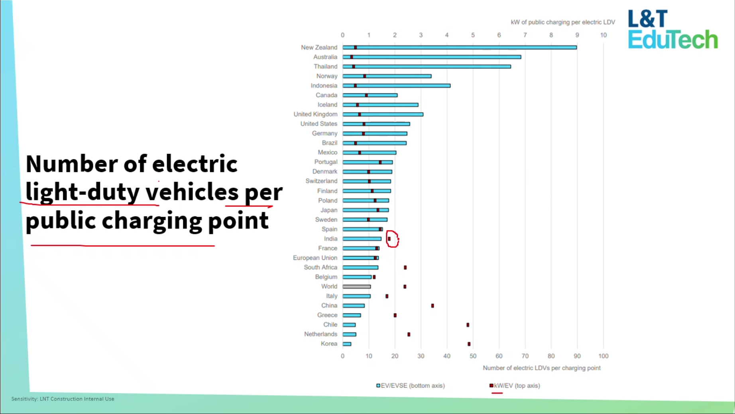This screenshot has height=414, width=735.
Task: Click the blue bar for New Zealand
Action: (458, 48)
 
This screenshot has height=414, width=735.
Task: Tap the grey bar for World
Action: (356, 287)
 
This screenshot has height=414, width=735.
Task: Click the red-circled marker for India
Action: (389, 239)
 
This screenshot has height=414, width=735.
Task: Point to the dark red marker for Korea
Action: (469, 344)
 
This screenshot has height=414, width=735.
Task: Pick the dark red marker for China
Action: (432, 306)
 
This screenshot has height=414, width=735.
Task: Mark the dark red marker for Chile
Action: (468, 325)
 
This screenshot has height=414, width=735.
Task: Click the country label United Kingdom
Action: (315, 114)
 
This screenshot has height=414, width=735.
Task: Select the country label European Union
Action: (315, 258)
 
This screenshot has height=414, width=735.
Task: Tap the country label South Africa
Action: (320, 267)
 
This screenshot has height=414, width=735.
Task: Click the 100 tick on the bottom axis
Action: (603, 356)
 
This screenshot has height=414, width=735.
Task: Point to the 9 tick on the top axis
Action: (577, 35)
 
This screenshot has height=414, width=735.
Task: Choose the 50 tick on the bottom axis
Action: (473, 356)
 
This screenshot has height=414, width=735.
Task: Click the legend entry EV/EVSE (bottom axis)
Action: (411, 386)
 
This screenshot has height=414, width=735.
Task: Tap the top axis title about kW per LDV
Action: (563, 22)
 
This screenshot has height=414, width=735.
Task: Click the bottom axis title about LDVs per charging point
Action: (541, 368)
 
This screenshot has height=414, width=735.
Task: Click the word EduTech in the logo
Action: (673, 40)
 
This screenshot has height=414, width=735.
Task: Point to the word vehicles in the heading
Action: (192, 192)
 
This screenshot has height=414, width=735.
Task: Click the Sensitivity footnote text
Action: (63, 399)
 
